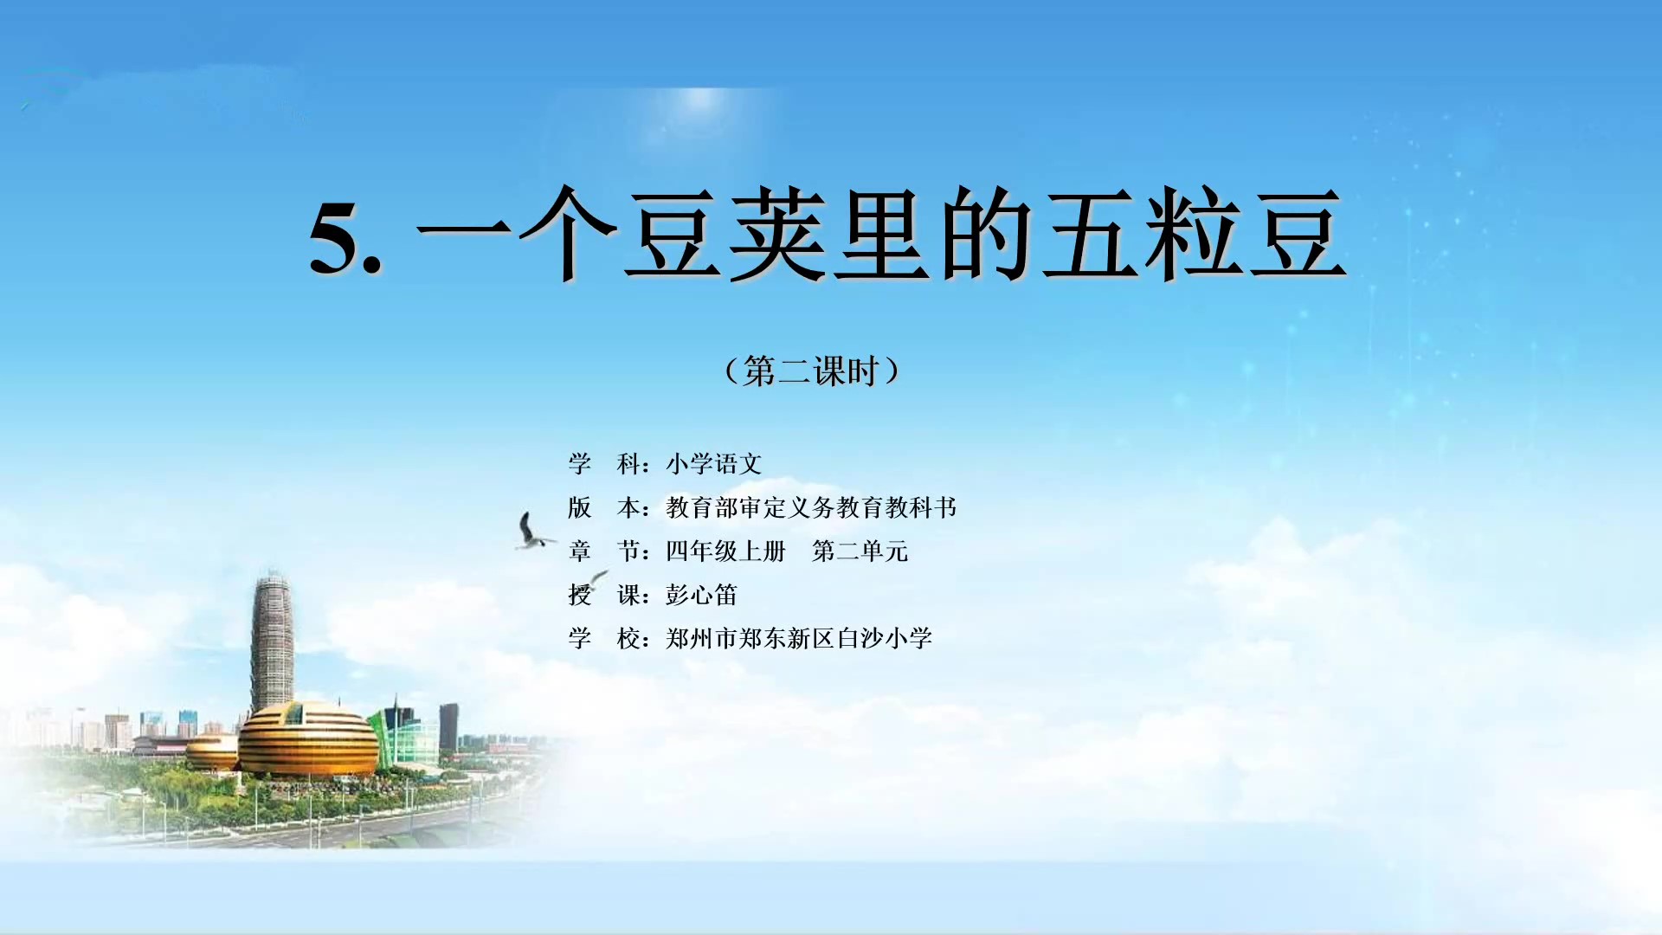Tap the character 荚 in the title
pos(777,234)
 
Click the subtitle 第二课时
pos(810,371)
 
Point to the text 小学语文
pos(714,464)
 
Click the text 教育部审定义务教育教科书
pos(811,507)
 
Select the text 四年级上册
pos(725,551)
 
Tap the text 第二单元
pos(860,551)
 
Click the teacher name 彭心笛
pos(701,595)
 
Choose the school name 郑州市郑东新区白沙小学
pos(799,638)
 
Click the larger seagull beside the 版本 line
pos(531,532)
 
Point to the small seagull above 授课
pos(594,580)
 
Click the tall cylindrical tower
pos(272,641)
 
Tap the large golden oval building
pos(308,738)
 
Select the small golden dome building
pos(212,751)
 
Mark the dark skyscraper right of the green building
pos(449,728)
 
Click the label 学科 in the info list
pos(604,464)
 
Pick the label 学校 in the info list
pos(604,638)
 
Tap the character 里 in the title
pos(882,234)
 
